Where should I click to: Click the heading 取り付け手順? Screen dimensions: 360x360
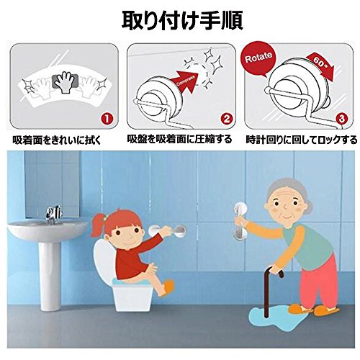click(x=182, y=21)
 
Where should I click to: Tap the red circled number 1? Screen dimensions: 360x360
click(x=107, y=119)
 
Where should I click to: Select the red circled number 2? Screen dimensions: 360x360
click(x=226, y=119)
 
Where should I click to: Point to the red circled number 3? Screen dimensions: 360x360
click(x=341, y=118)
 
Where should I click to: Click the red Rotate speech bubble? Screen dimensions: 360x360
click(x=258, y=58)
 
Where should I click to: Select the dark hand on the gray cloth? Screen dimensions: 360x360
click(x=64, y=81)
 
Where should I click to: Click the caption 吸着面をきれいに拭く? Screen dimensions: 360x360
click(x=58, y=140)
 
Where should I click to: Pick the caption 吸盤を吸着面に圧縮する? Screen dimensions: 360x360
click(x=179, y=139)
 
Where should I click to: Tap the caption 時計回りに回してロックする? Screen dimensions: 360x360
click(x=302, y=140)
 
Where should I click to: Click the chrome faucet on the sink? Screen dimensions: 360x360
click(x=53, y=214)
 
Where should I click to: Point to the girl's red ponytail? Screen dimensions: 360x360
click(x=98, y=225)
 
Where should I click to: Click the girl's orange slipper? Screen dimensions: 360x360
click(x=168, y=287)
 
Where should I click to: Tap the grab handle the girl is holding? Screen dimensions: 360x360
click(x=167, y=231)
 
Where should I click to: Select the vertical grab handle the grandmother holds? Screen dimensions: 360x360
click(x=240, y=221)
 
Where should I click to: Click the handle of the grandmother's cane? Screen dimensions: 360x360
click(x=276, y=271)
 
